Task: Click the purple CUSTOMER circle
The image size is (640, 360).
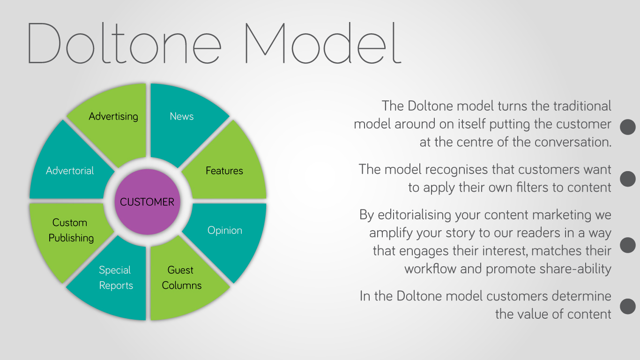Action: [x=148, y=202]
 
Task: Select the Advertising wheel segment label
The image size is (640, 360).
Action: [x=113, y=116]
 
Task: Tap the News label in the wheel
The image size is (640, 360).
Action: [x=182, y=116]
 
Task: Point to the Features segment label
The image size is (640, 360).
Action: [x=224, y=171]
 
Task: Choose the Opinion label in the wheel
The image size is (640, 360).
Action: [x=225, y=231]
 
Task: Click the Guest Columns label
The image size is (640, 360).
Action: [x=182, y=277]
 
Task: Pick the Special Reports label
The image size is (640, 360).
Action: [x=116, y=277]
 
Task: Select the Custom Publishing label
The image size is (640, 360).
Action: [x=71, y=230]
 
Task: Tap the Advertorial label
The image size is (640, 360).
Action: [x=70, y=171]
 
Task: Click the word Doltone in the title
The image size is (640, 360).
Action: [x=124, y=43]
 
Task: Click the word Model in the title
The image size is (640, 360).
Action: [x=323, y=43]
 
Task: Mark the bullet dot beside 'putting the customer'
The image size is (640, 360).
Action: [x=628, y=127]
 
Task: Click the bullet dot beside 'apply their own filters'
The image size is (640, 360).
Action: [x=628, y=179]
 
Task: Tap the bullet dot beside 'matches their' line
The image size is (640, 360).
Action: [x=628, y=245]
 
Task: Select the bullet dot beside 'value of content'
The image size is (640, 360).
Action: [x=628, y=306]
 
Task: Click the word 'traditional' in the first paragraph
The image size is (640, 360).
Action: [x=582, y=106]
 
